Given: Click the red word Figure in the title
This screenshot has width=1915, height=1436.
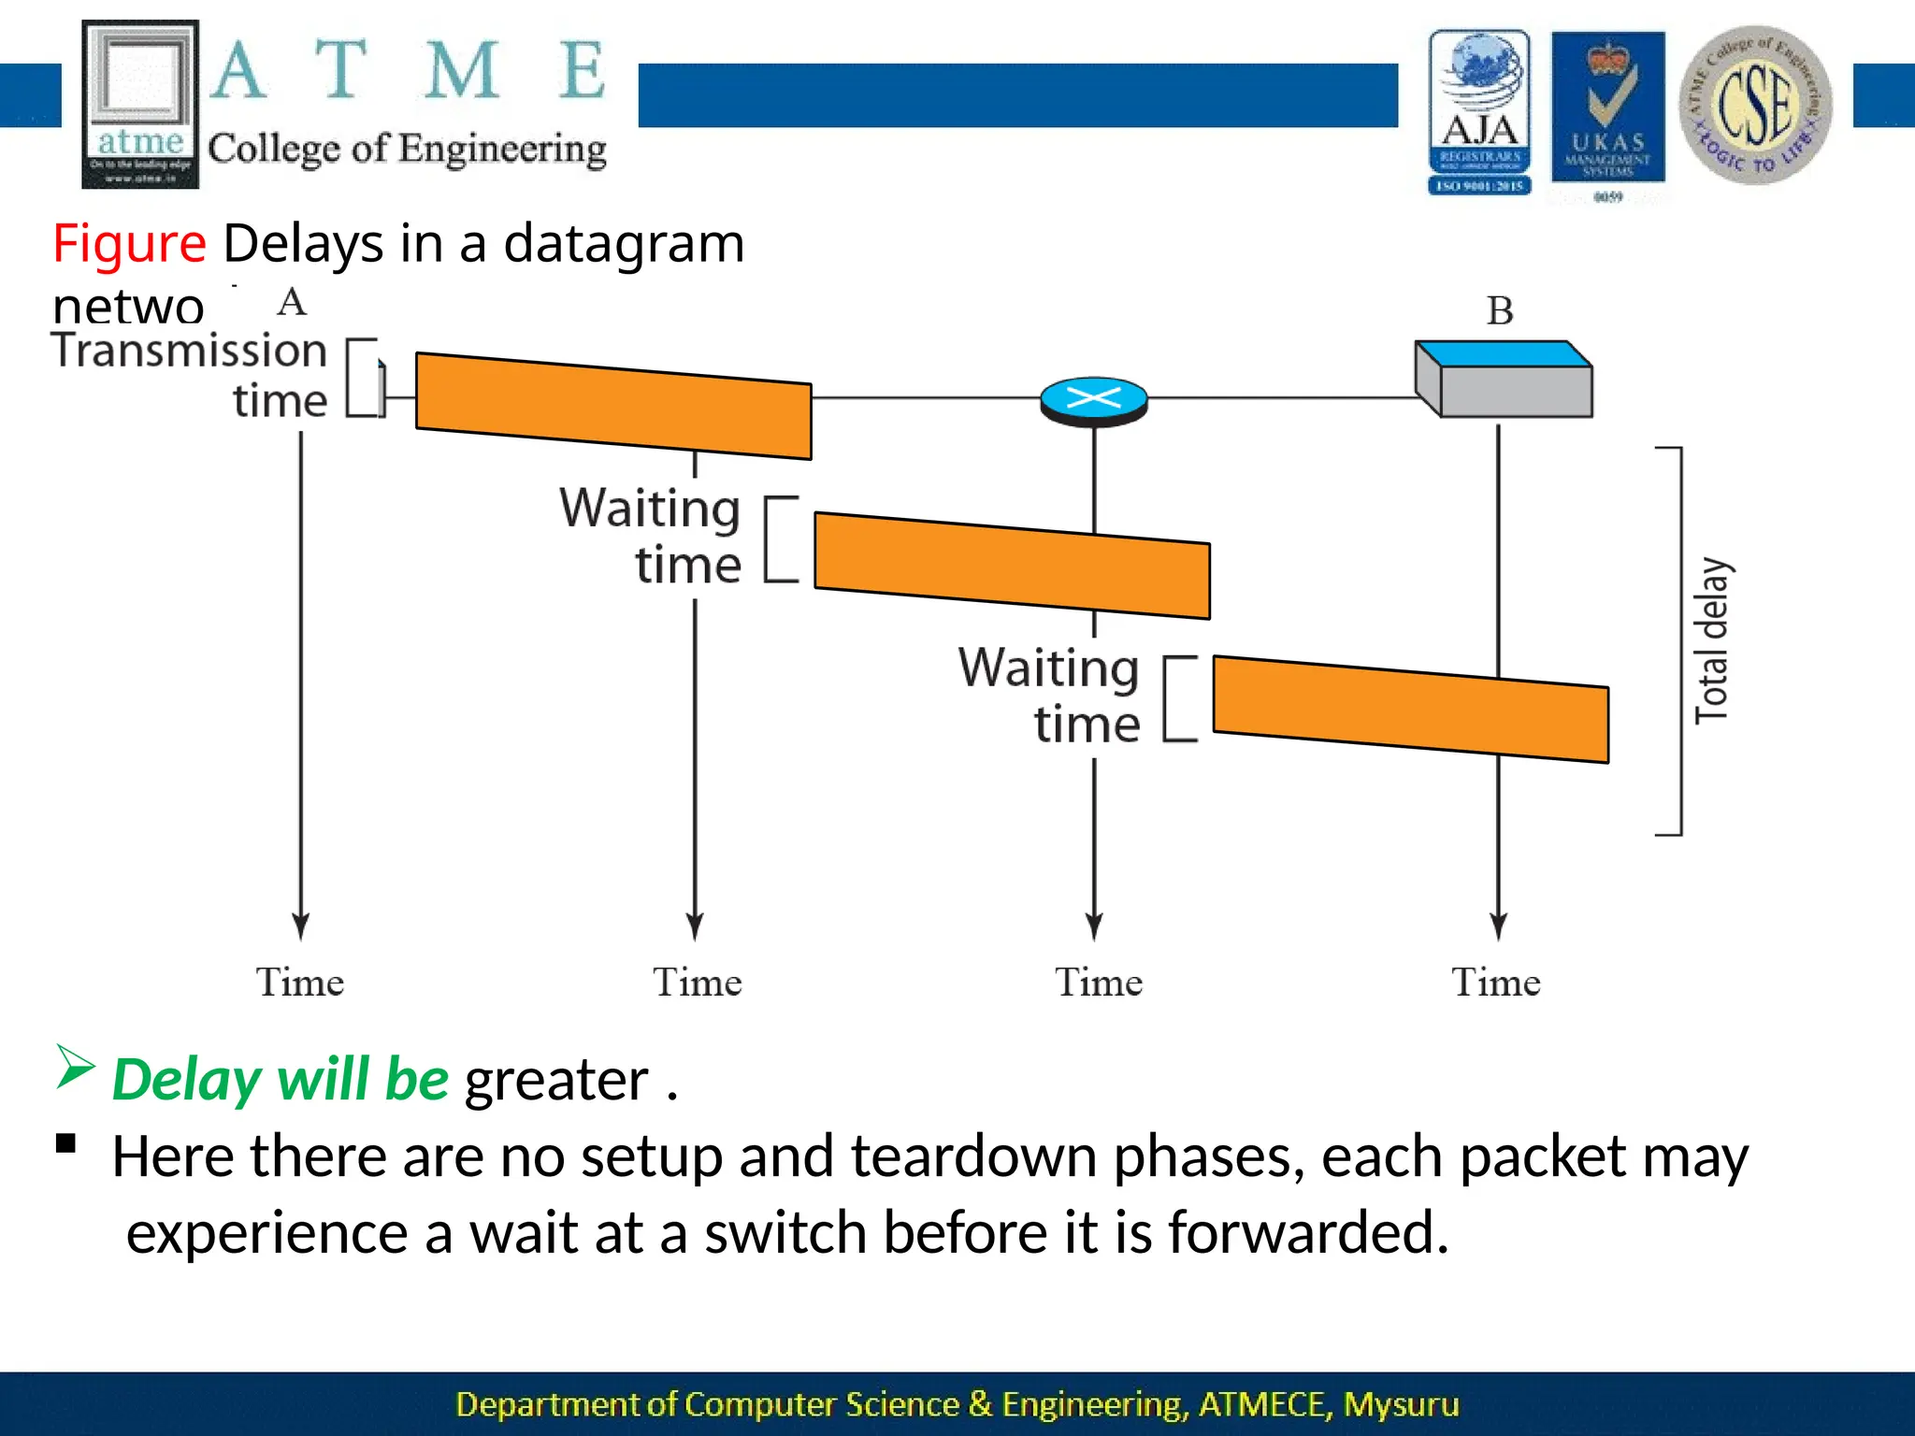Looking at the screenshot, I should [x=129, y=244].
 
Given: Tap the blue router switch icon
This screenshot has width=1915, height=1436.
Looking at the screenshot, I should [x=1093, y=400].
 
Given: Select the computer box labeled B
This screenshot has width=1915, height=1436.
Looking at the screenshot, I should [x=1505, y=380].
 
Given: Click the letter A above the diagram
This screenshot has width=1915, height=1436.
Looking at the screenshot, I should [x=292, y=302].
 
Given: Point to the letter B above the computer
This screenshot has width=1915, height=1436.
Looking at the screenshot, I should [x=1500, y=311].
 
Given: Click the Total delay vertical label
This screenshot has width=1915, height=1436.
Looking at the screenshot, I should [x=1712, y=641].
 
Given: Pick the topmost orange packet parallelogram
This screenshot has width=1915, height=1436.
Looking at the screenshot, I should [x=613, y=405].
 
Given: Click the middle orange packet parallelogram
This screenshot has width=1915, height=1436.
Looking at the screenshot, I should [x=1012, y=565].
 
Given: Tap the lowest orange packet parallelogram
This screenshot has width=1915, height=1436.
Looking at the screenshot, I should [x=1410, y=709].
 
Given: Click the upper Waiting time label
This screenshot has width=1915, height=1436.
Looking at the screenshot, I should [x=652, y=537].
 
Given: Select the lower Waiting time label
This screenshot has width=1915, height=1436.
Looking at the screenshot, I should [x=1050, y=696].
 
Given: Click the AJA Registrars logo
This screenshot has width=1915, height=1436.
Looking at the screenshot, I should [x=1479, y=111].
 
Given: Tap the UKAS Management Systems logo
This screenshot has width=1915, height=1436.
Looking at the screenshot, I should [x=1607, y=108].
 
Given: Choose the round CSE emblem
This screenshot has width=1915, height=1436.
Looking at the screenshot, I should [x=1755, y=105].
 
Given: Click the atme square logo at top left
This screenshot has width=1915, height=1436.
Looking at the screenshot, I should [x=140, y=104].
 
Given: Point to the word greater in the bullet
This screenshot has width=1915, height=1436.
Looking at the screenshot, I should [x=556, y=1081].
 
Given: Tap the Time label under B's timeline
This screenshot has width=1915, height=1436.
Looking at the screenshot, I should [x=1495, y=983].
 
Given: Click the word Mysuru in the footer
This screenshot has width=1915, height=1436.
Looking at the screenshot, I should [x=1401, y=1404].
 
